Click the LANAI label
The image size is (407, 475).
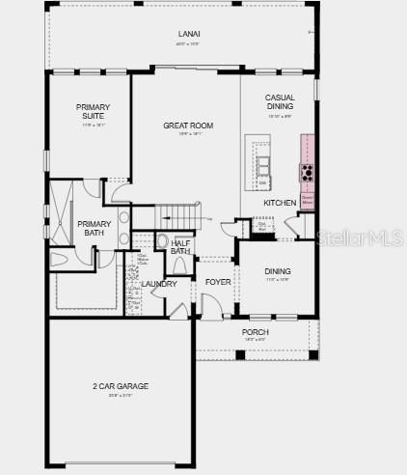(x=189, y=35)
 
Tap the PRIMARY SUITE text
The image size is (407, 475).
(x=94, y=111)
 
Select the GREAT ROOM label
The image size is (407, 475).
(x=188, y=126)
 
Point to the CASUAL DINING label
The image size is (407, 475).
(x=280, y=101)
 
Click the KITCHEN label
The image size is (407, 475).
(x=280, y=203)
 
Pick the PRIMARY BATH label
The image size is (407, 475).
(x=94, y=228)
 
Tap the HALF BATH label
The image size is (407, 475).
(x=180, y=247)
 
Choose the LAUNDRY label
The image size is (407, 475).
(x=159, y=284)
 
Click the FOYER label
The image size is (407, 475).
(x=218, y=283)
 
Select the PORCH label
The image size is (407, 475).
(x=256, y=332)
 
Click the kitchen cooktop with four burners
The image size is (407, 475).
(x=308, y=174)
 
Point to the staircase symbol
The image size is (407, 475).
(x=178, y=213)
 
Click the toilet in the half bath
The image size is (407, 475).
(x=162, y=242)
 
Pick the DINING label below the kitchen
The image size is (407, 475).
(x=278, y=271)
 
